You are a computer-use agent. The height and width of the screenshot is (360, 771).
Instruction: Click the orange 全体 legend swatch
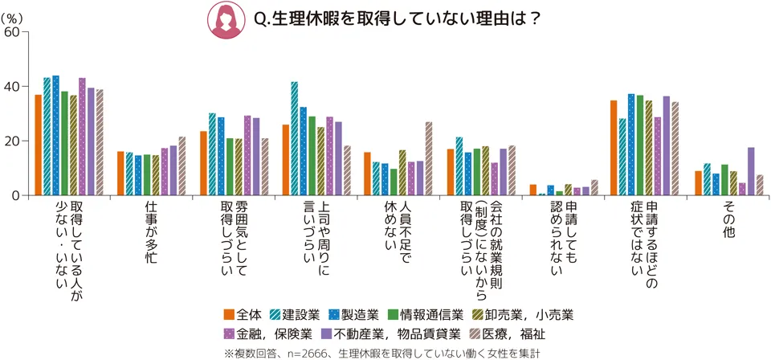coord(230,313)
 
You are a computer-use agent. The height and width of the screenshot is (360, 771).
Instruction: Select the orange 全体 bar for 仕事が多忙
coord(120,174)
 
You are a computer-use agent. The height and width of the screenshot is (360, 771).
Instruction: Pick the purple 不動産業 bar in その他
coord(751,171)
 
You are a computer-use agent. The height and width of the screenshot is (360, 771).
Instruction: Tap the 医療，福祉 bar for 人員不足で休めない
coord(428,158)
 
